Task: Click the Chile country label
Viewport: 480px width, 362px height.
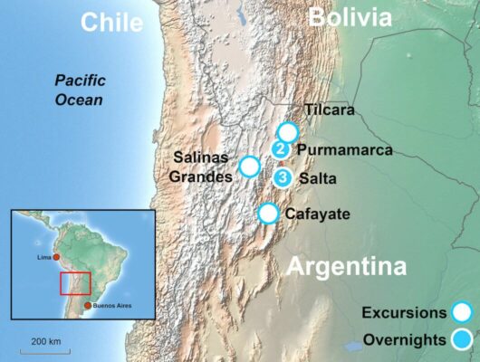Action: coord(112,22)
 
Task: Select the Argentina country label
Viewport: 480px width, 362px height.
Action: coord(346,268)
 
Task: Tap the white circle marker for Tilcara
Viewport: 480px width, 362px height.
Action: coord(288,132)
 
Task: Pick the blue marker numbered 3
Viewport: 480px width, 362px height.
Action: coord(283,177)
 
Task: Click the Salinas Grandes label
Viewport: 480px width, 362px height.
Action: coord(201,167)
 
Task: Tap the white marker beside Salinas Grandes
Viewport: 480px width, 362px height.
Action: coord(249,167)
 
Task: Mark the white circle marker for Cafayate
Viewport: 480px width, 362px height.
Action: coord(268,214)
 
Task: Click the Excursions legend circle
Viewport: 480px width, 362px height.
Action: coord(463,313)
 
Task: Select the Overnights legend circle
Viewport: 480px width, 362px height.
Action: coord(463,340)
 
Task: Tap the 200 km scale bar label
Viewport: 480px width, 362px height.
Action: coord(45,341)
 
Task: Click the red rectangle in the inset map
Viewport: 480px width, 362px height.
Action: coord(75,283)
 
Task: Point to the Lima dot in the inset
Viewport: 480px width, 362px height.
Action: coord(56,258)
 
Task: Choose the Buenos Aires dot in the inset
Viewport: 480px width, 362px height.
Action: coord(87,306)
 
